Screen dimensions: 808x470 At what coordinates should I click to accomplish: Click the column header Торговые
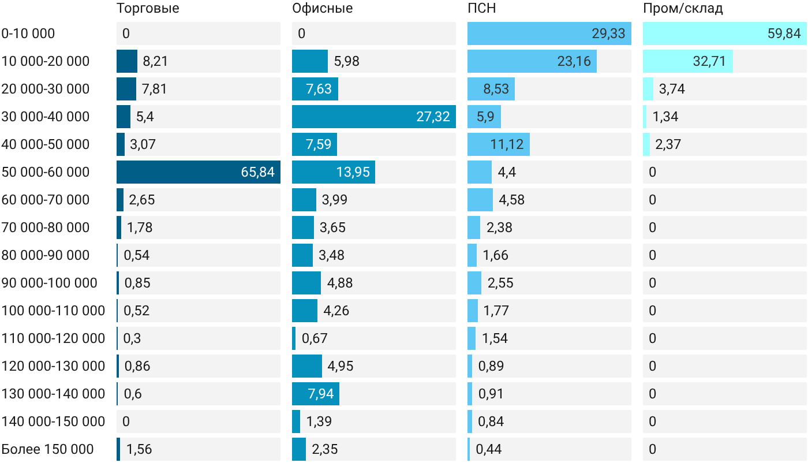pos(148,8)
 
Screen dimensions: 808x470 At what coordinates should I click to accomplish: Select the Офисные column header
pos(322,8)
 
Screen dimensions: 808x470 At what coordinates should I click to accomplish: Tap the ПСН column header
pos(481,8)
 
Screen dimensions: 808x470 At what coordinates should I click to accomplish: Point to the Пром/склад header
pos(683,8)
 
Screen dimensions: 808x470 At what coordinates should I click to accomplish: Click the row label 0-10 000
pos(28,33)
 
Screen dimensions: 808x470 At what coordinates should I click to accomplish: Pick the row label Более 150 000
pos(47,449)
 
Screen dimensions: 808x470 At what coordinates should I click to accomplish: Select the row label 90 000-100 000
pos(49,283)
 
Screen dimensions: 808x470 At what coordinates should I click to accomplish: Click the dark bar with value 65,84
pos(199,172)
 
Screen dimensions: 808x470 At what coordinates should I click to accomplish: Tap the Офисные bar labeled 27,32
pos(374,117)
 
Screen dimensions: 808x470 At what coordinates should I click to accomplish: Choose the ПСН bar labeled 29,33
pos(549,33)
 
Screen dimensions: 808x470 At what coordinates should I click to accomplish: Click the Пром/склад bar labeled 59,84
pos(725,33)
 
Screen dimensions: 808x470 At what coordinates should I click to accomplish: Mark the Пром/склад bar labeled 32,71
pos(688,61)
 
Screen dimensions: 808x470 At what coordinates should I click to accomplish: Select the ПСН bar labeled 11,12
pos(499,144)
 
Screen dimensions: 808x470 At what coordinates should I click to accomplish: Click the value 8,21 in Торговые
pos(155,61)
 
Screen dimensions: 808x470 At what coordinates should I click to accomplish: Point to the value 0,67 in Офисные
pos(315,338)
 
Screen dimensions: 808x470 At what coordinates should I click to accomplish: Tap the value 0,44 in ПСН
pos(489,449)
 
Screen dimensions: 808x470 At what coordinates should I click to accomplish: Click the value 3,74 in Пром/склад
pos(672,89)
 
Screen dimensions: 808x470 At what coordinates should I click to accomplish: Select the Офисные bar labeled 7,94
pos(316,394)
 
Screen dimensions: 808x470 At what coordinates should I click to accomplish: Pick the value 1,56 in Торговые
pos(139,449)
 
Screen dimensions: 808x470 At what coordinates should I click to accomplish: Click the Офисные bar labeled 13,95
pos(334,172)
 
